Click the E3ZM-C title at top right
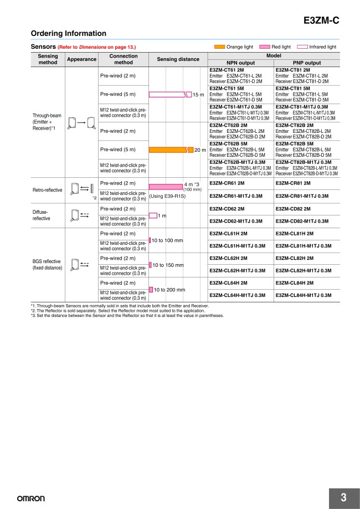pos(322,22)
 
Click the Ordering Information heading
pos(68,34)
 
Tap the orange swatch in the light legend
pos(219,47)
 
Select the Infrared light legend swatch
pos(302,47)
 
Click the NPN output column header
pos(240,63)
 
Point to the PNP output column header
pos(305,63)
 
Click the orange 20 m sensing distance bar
pos(171,150)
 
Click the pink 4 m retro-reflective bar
pos(166,187)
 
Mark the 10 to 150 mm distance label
pos(168,265)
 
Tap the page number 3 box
pos(343,497)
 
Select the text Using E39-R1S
pos(167,196)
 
